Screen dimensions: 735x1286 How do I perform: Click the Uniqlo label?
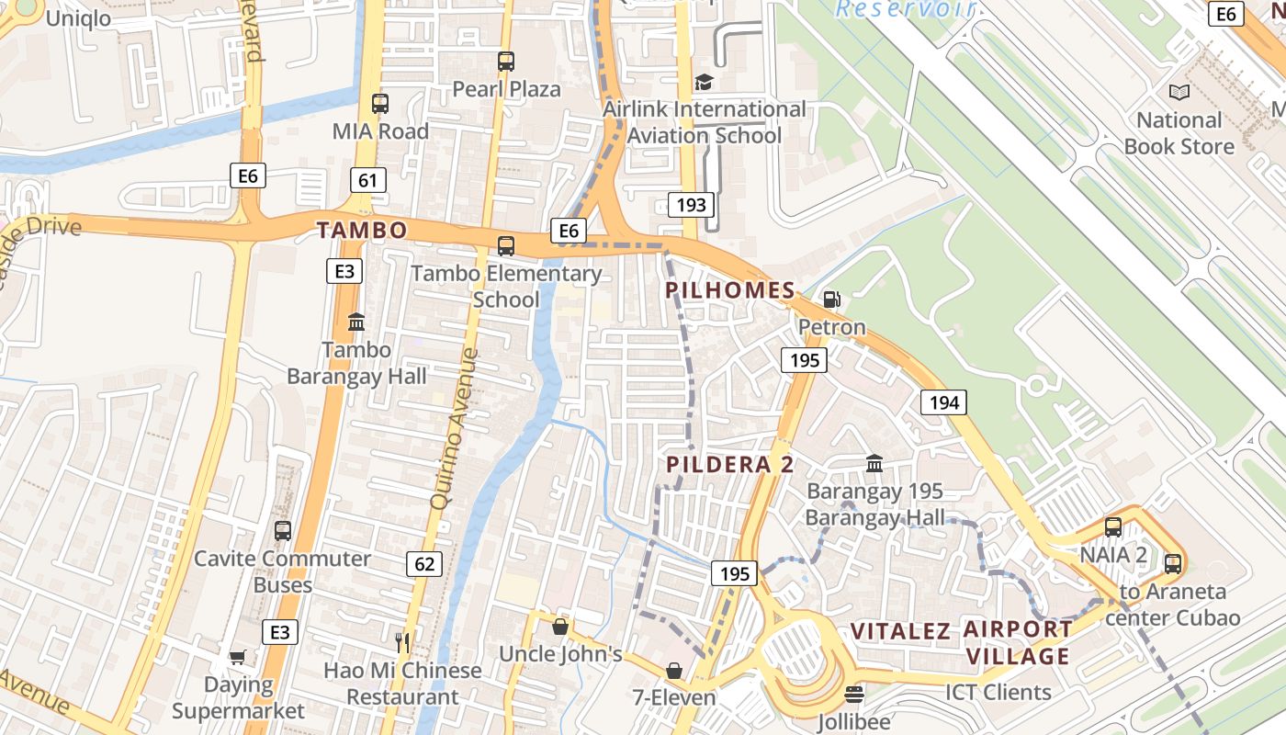point(78,18)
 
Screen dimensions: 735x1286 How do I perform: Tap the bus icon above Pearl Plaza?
point(506,62)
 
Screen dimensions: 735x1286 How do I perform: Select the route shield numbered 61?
point(367,180)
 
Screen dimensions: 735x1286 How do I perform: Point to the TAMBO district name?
point(362,230)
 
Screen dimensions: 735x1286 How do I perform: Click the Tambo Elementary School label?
point(506,286)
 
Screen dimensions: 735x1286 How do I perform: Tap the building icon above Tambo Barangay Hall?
point(356,322)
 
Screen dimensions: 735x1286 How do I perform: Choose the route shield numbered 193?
point(691,204)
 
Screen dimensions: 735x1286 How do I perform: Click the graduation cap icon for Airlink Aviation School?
point(704,82)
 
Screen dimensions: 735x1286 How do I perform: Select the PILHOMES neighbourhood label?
point(730,291)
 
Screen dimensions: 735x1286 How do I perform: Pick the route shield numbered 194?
point(944,401)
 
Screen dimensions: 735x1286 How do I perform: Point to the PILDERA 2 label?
point(730,464)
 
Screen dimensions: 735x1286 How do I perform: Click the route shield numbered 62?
point(423,563)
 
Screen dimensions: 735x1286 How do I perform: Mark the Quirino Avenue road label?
point(455,427)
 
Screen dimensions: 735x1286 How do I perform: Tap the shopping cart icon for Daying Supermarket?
point(238,657)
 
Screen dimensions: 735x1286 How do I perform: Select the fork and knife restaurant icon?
point(401,641)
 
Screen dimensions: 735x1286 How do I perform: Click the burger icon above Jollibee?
point(854,695)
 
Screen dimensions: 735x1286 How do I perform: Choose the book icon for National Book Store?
point(1179,92)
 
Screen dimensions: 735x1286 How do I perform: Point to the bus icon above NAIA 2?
point(1113,527)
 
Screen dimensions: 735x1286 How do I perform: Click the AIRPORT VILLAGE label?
point(1017,642)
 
